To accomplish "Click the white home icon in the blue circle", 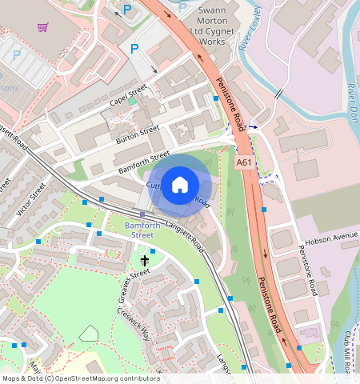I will point(181,183).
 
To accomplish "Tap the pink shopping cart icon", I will point(42,27).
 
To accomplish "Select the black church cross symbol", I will point(145,260).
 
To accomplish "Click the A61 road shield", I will point(245,163).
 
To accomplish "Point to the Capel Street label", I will point(128,96).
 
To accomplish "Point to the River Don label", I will point(352,100).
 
